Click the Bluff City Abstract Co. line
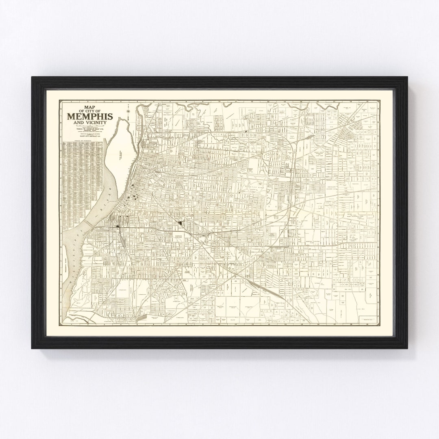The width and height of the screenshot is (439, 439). [x=93, y=137]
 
